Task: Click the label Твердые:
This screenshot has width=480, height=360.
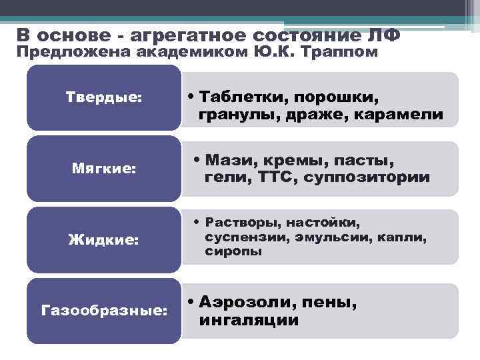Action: tap(104, 97)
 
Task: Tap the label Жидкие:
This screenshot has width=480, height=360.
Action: tap(104, 239)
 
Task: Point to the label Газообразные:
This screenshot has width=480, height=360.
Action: tap(104, 310)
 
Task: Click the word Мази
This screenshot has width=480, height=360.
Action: tap(227, 161)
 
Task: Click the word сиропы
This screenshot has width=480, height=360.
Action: tap(233, 251)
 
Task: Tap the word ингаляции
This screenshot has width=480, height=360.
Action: tap(249, 321)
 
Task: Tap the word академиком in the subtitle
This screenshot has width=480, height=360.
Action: tap(183, 52)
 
